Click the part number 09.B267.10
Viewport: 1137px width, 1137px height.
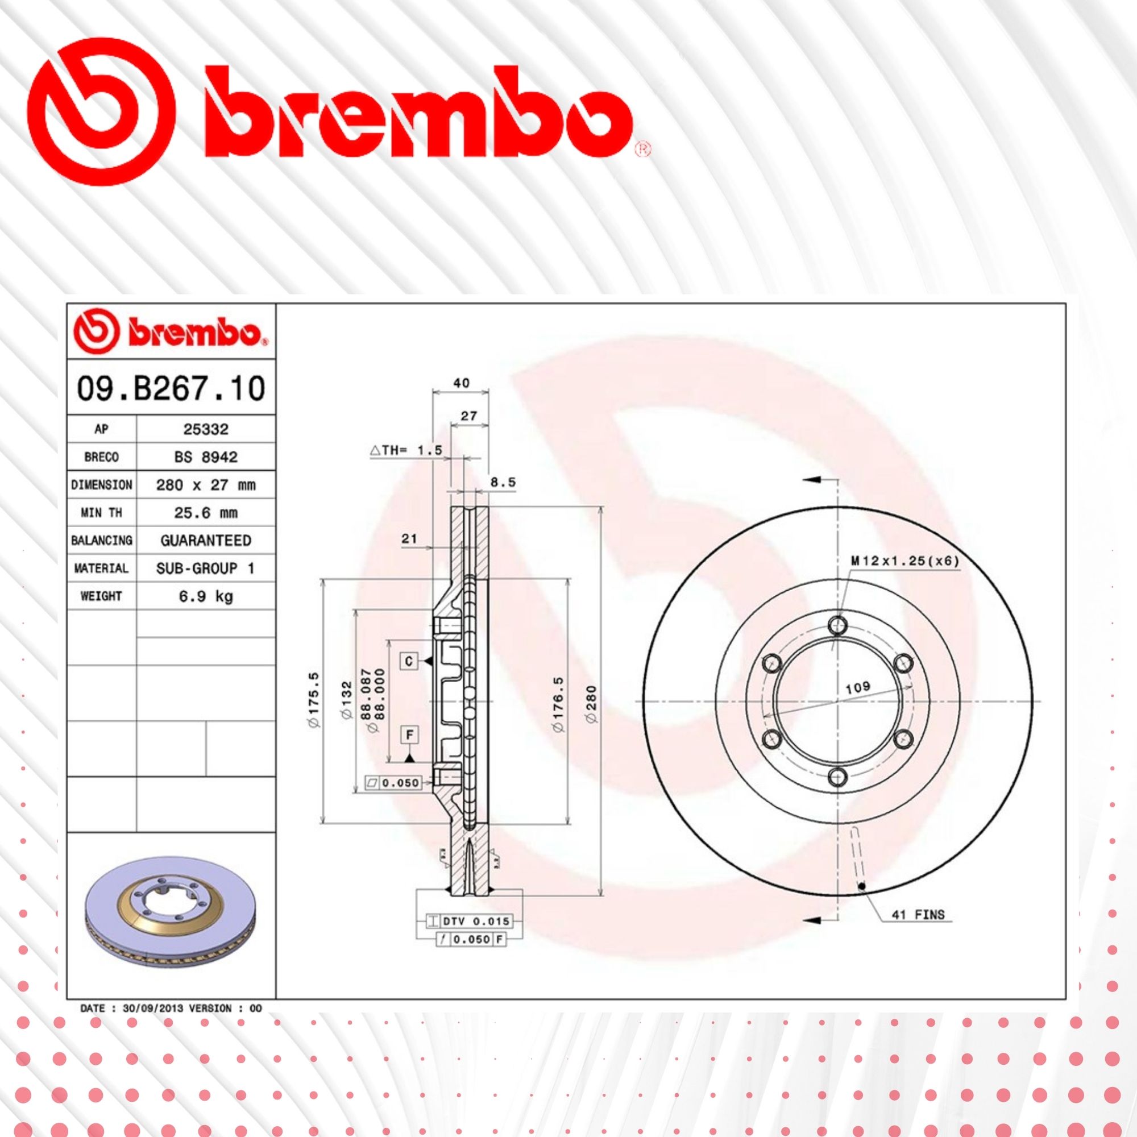tap(171, 389)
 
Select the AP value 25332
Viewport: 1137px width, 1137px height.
tap(205, 429)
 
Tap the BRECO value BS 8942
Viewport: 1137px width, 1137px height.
tap(205, 457)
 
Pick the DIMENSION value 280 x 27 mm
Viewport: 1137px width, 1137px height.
tap(205, 485)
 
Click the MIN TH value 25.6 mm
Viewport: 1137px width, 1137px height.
tap(205, 513)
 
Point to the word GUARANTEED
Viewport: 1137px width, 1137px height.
tap(205, 540)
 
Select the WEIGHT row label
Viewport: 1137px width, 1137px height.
tap(101, 596)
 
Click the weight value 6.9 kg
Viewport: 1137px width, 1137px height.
tap(205, 596)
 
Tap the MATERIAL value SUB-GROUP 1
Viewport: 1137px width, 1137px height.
tap(205, 568)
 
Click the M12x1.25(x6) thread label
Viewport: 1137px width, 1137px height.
tap(904, 561)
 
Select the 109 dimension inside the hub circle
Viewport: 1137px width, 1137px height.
tap(857, 687)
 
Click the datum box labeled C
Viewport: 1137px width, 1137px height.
tap(409, 661)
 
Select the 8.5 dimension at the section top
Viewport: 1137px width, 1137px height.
tap(503, 482)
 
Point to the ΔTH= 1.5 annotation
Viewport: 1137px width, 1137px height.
tap(406, 450)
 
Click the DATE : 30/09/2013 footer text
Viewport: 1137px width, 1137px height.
tap(171, 1008)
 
